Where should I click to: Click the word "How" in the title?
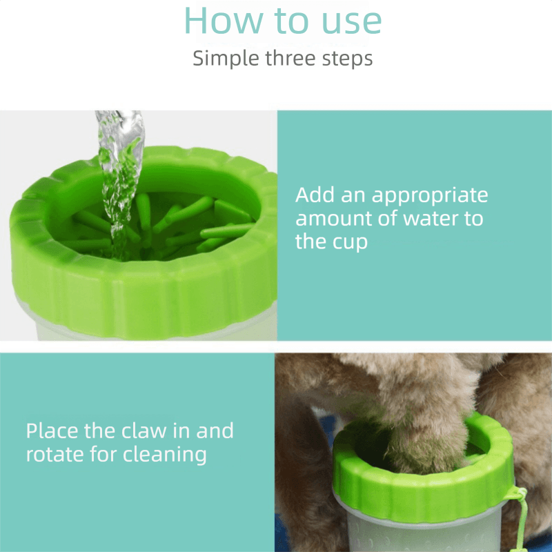click(224, 21)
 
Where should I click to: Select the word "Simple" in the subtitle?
click(226, 59)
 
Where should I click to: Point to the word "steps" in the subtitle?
click(347, 59)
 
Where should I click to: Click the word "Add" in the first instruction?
click(315, 195)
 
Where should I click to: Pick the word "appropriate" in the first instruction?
click(430, 197)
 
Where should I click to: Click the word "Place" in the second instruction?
click(52, 431)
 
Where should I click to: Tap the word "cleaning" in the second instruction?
click(164, 455)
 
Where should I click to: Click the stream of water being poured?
click(120, 183)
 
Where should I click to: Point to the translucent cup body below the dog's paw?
click(422, 537)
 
